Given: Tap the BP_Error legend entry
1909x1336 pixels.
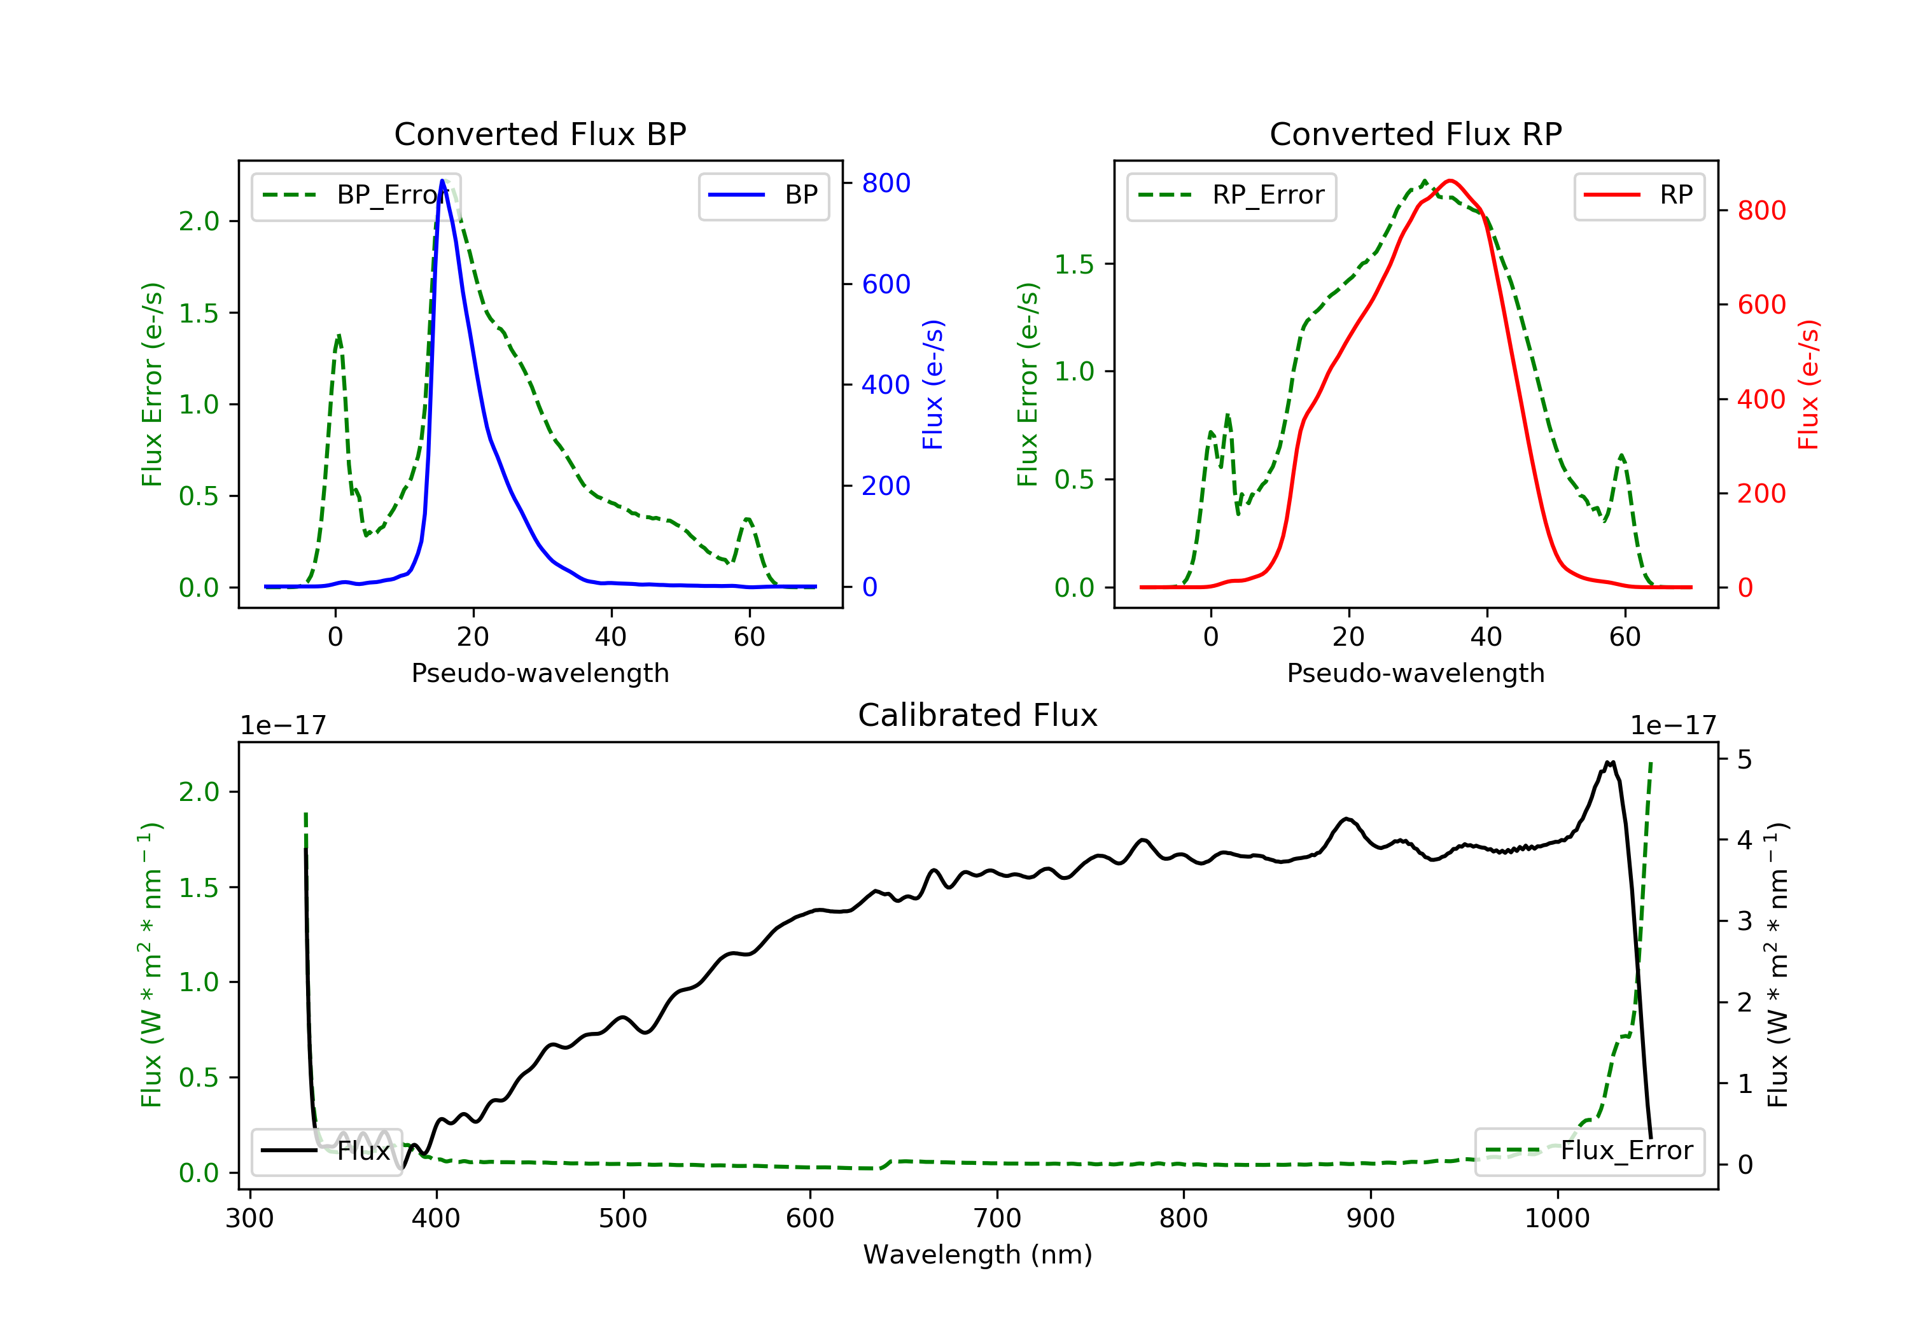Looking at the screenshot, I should [356, 195].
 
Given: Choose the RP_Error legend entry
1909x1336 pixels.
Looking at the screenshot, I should [1231, 195].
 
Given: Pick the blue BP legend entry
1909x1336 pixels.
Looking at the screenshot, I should [763, 195].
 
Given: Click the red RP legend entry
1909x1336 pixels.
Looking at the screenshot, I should [1638, 195].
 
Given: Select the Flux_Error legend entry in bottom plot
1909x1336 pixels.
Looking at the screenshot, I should [1589, 1151].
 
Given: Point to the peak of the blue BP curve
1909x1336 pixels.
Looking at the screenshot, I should [442, 181].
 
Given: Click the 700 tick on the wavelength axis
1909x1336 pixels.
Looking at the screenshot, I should [996, 1219].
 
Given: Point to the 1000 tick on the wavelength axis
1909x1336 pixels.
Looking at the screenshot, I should [1556, 1219].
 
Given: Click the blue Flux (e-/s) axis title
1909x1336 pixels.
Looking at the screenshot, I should [933, 385].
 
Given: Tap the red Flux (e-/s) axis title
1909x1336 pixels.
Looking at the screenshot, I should [1808, 385].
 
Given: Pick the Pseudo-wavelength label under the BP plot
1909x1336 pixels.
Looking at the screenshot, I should [540, 673].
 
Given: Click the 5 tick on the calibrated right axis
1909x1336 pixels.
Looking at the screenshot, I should [1744, 760].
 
